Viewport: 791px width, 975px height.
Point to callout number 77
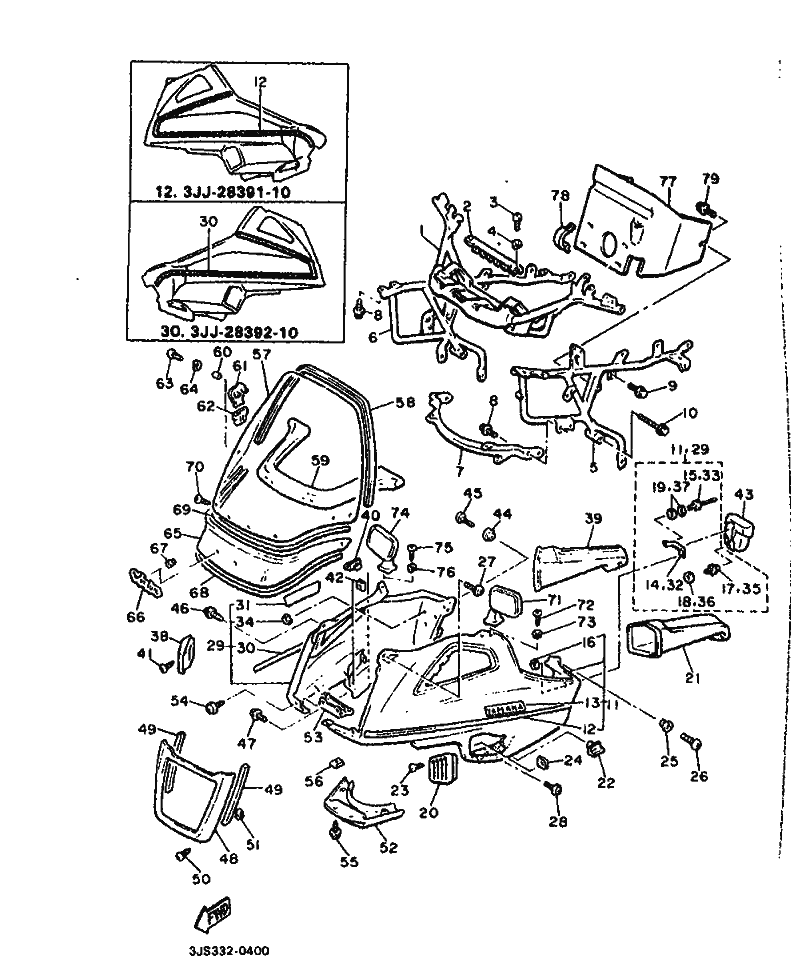coord(667,181)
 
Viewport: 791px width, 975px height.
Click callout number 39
coord(593,519)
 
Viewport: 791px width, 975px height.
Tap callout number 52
coord(387,847)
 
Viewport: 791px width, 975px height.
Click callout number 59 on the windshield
coord(319,461)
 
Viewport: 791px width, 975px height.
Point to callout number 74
coord(399,513)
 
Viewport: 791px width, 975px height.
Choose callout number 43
coord(743,494)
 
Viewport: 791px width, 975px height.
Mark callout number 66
coord(135,616)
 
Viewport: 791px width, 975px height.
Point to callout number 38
coord(157,636)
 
